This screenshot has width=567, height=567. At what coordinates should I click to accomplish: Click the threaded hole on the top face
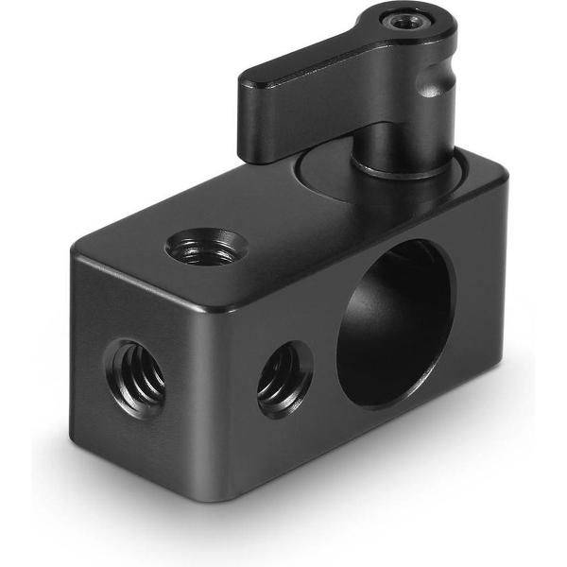(x=206, y=248)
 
